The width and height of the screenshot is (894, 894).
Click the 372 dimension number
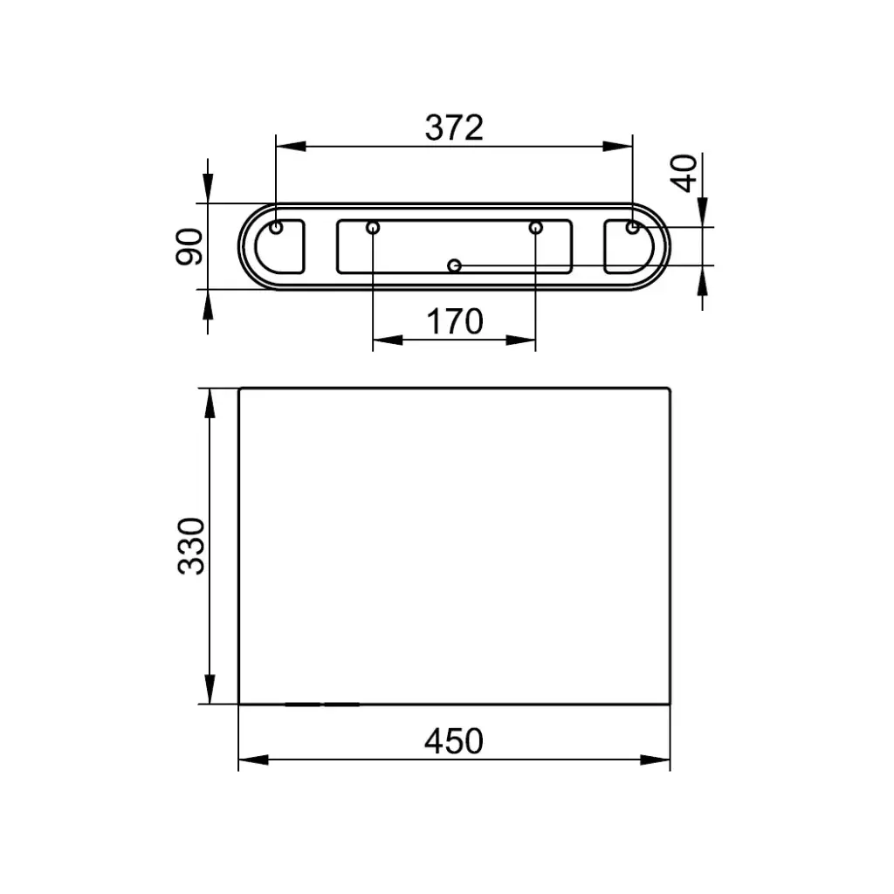point(454,127)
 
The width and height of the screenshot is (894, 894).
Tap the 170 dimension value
point(454,321)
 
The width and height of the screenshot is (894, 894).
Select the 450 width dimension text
point(454,741)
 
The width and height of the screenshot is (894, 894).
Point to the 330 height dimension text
point(191,546)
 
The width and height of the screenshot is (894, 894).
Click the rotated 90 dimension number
point(189,246)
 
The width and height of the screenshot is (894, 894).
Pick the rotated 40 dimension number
point(684,174)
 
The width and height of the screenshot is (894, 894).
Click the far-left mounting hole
point(276,228)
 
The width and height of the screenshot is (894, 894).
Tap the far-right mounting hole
point(632,228)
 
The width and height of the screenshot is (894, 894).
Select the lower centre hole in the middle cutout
point(454,265)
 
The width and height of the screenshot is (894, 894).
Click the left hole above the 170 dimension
point(373,228)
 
